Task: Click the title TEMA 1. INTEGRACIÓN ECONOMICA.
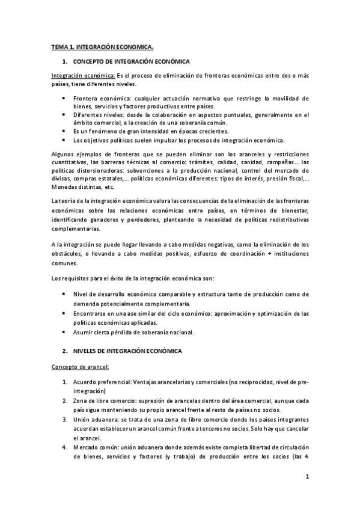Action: (102, 46)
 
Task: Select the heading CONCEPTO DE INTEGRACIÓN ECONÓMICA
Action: (132, 62)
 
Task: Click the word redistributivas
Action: (284, 220)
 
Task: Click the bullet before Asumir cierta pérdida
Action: (65, 333)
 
